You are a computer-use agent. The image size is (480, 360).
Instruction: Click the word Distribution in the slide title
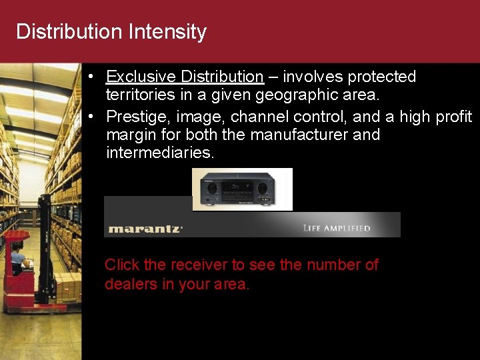pos(69,32)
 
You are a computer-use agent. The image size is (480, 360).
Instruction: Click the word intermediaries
pos(160,153)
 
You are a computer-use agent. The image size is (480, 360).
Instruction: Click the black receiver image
pos(242,189)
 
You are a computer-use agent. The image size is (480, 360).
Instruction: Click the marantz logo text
pos(145,229)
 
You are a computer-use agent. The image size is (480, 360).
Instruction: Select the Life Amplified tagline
pos(337,229)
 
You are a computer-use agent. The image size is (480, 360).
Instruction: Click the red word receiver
pos(199,265)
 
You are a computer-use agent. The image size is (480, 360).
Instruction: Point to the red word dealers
pos(131,284)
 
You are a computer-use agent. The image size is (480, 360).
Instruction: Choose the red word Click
pos(122,265)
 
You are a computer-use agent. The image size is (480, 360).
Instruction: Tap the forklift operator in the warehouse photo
pos(17,257)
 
